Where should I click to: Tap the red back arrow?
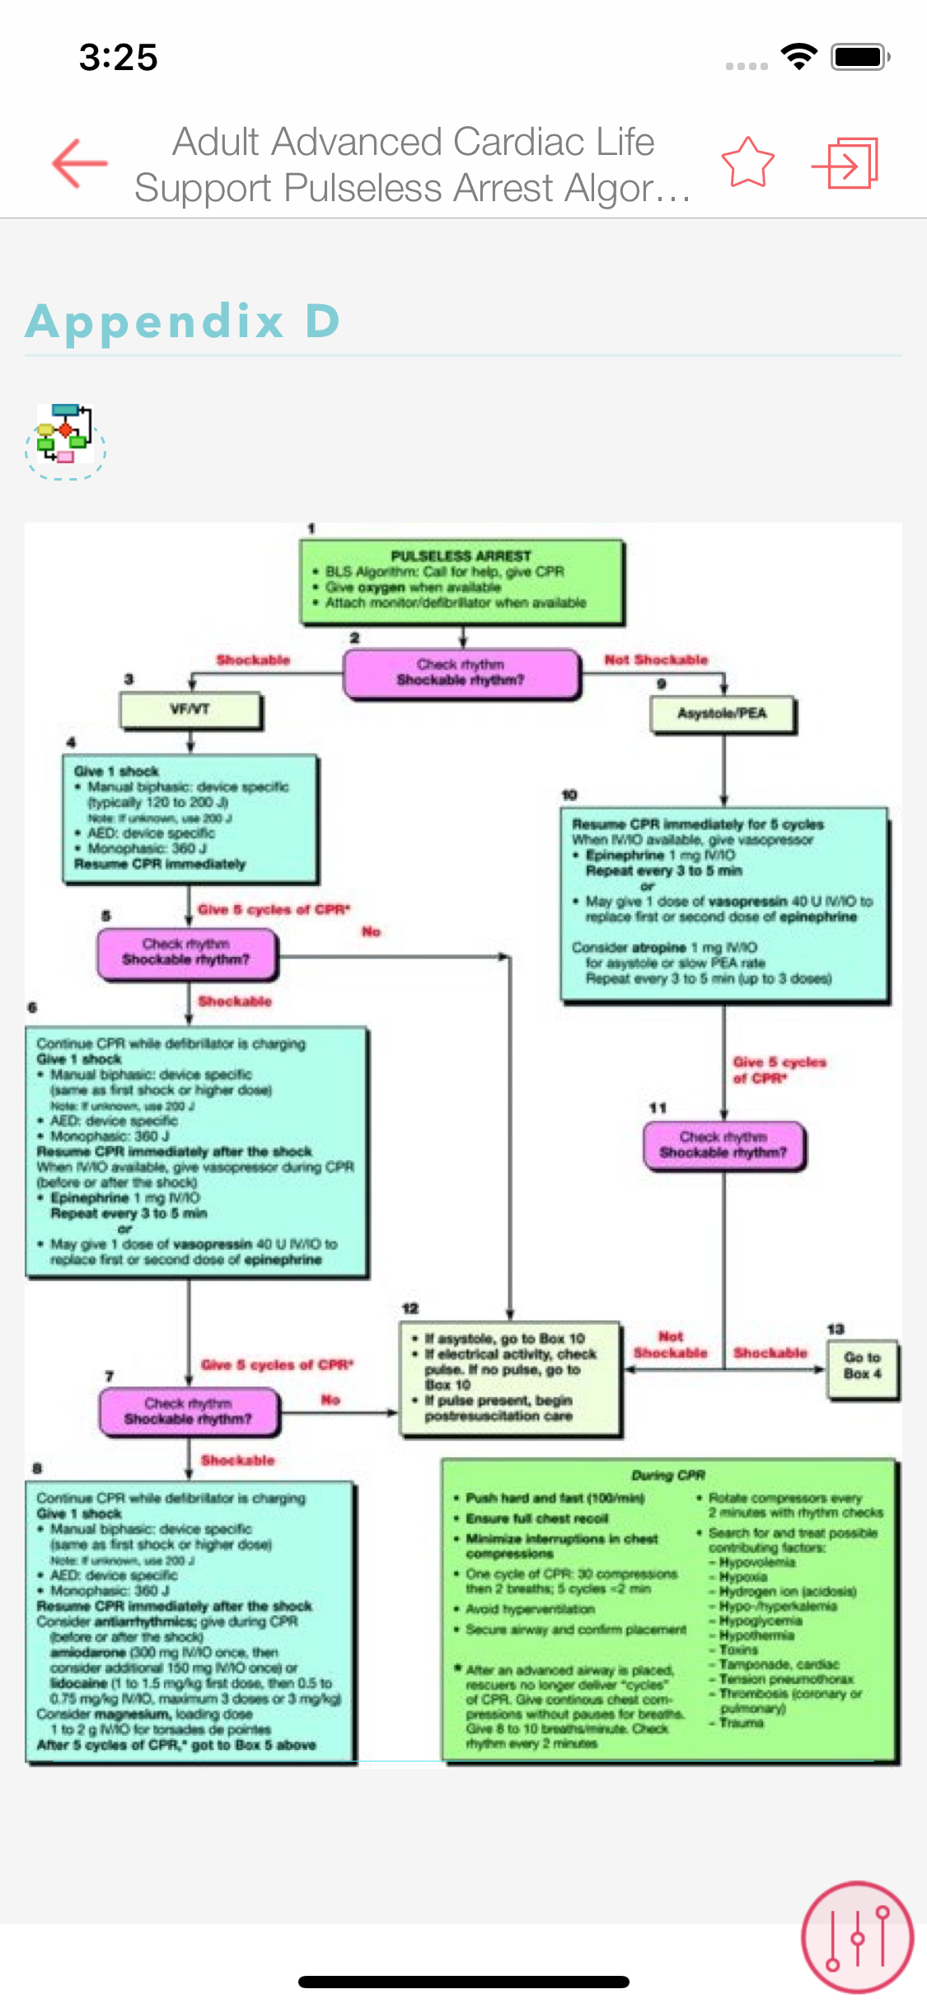79,163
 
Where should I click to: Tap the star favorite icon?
747,162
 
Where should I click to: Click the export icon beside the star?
845,163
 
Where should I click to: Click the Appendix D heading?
183,321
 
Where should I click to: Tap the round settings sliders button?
857,1936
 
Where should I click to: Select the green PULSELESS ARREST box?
461,582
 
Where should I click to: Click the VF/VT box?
190,710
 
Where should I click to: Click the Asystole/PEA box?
723,714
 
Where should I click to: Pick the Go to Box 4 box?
862,1366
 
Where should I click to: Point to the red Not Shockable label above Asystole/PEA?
656,659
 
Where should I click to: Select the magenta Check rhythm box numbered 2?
461,673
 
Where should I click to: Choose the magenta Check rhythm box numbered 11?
723,1145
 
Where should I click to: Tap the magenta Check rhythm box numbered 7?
189,1411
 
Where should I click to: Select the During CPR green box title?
668,1475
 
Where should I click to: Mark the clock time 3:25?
119,58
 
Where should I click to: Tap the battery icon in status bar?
860,57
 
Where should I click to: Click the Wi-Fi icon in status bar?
798,56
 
